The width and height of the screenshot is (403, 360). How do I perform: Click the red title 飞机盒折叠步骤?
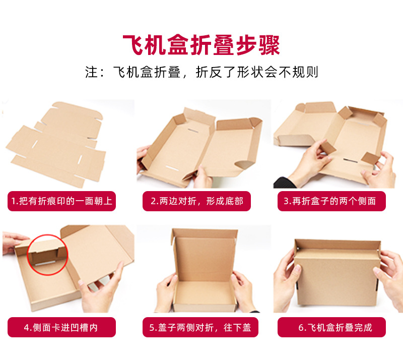pyautogui.click(x=201, y=45)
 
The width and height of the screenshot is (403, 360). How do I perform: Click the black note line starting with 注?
pyautogui.click(x=201, y=72)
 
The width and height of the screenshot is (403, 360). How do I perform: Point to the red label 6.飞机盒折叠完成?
pyautogui.click(x=335, y=327)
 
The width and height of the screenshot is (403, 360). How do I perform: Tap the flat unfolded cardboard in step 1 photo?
pyautogui.click(x=55, y=141)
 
